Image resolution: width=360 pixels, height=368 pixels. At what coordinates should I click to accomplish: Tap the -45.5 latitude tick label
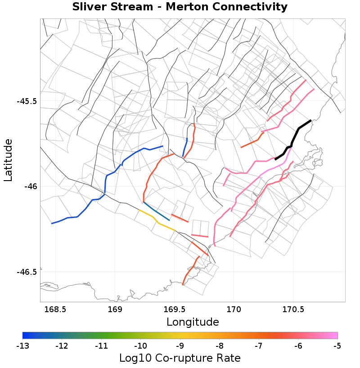click(x=27, y=101)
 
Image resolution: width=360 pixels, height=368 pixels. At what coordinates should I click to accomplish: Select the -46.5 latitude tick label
click(x=27, y=272)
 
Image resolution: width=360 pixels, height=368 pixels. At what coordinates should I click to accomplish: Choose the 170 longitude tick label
click(x=234, y=309)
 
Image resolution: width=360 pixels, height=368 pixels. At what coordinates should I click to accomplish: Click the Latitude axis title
click(x=8, y=160)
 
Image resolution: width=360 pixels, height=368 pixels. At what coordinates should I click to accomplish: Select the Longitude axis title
click(x=193, y=322)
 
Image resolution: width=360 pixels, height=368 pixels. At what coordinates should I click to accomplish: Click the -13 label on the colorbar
click(x=22, y=346)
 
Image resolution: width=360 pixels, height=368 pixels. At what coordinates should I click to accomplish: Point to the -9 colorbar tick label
click(x=180, y=346)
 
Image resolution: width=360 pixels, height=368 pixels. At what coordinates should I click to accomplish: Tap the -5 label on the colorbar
click(x=337, y=346)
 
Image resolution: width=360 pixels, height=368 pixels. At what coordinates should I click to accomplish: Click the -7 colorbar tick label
click(x=259, y=346)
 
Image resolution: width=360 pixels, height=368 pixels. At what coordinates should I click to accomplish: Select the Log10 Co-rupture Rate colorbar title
click(x=180, y=358)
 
